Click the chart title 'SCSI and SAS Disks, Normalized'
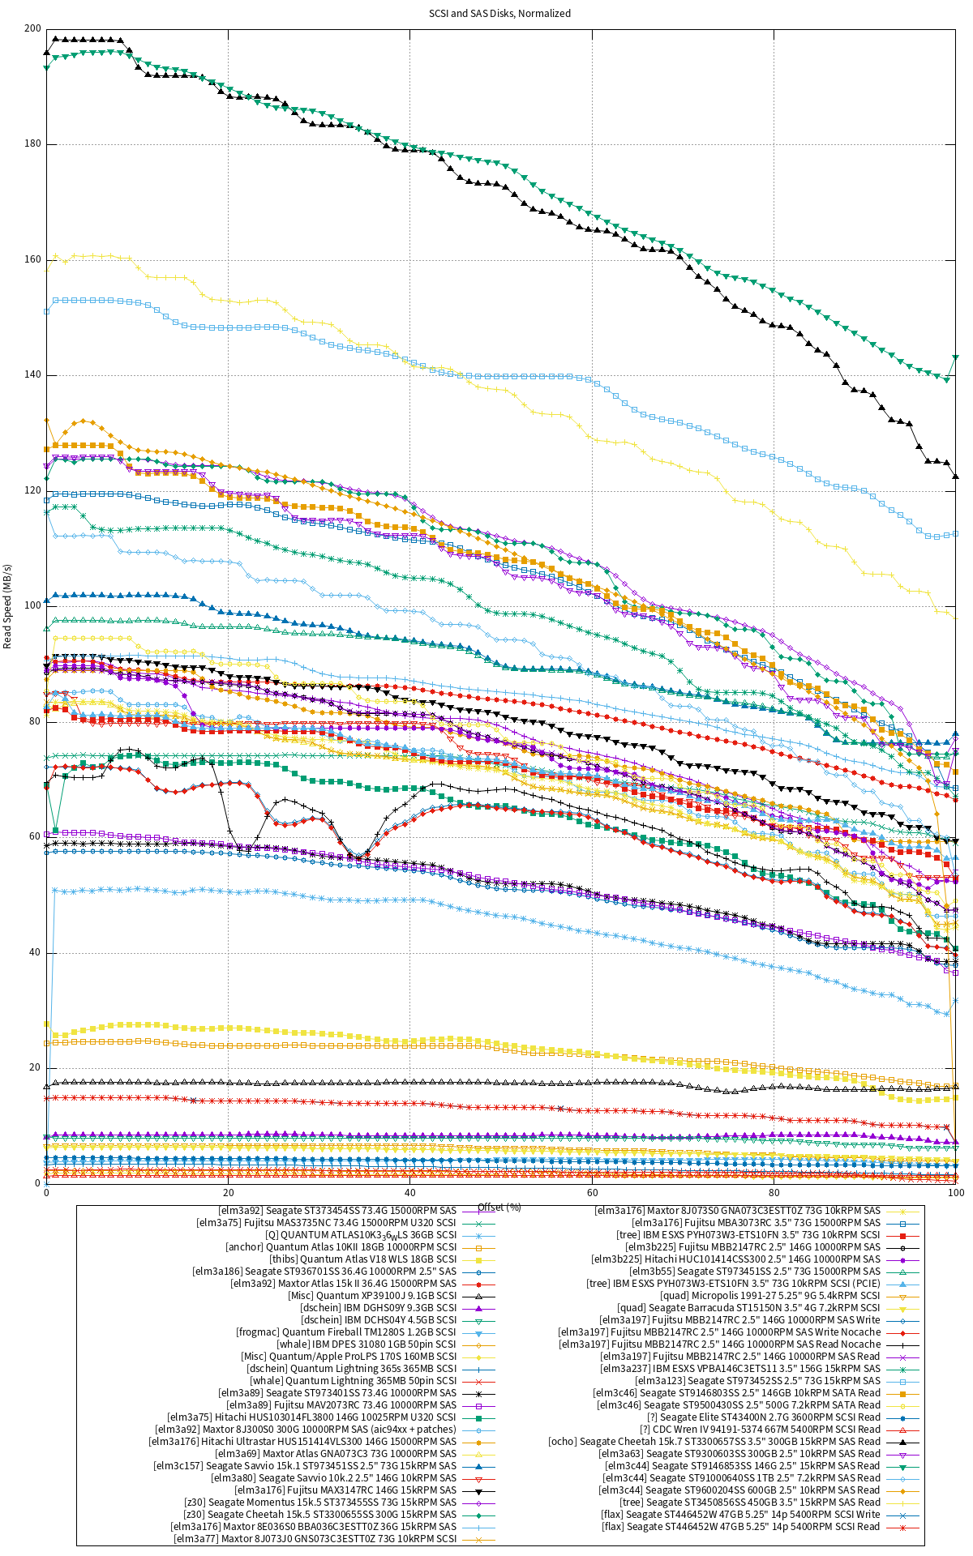coord(499,14)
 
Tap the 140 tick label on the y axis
coord(32,375)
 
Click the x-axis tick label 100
coord(955,1192)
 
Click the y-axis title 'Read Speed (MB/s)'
coord(8,606)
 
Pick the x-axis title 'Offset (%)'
coord(499,1207)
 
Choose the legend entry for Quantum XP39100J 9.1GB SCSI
coord(372,1296)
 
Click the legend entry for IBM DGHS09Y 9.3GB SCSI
coord(378,1308)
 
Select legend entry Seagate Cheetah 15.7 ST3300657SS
coord(714,1442)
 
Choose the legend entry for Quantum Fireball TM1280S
coord(346,1332)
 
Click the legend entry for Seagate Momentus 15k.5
coord(320,1503)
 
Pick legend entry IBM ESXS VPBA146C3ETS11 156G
coord(739,1369)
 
